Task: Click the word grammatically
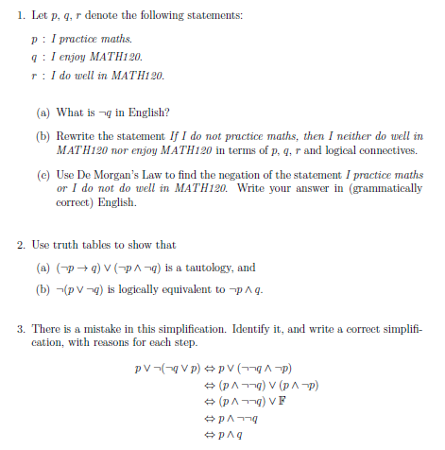pyautogui.click(x=388, y=189)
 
